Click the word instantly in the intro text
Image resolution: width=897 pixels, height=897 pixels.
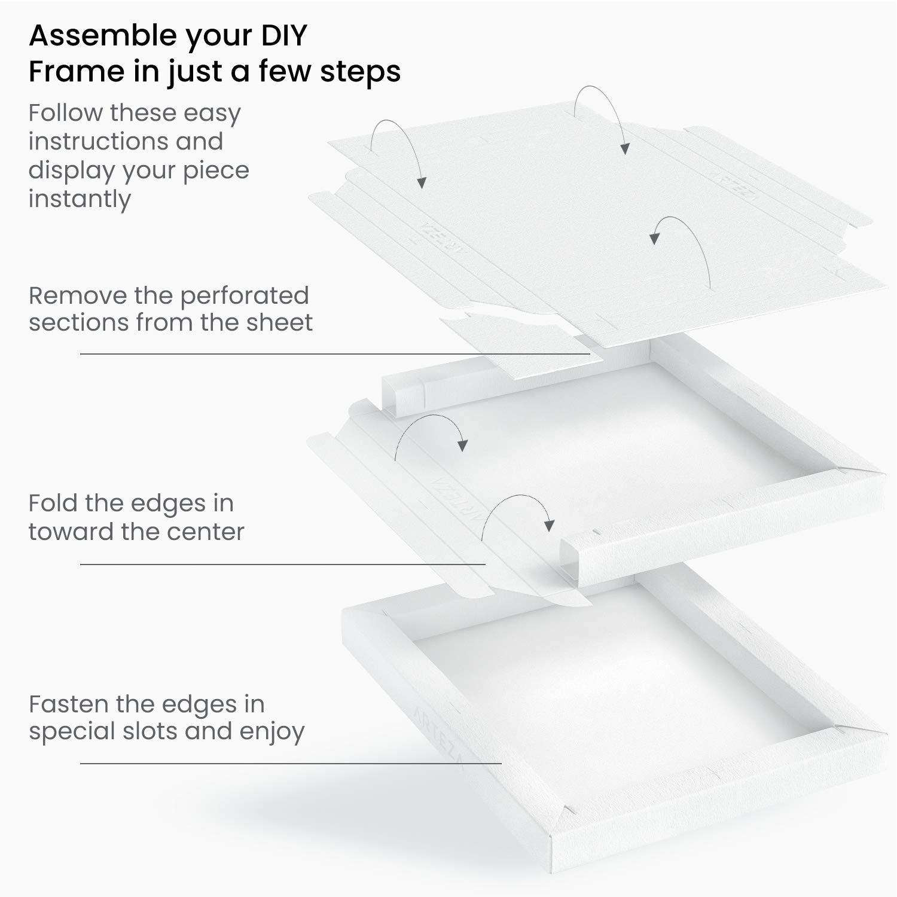(80, 199)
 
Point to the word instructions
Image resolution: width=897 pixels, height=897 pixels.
(126, 142)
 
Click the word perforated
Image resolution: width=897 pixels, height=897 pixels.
(244, 295)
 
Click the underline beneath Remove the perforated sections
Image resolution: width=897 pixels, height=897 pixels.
(335, 354)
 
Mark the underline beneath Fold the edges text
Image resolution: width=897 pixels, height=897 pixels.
(283, 564)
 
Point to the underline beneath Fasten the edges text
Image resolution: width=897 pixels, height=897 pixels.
(291, 763)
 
